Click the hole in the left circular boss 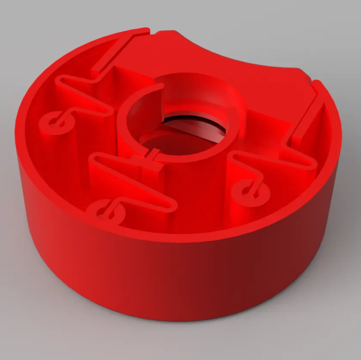coord(56,122)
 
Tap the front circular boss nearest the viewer coord(105,211)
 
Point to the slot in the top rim coord(152,31)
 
